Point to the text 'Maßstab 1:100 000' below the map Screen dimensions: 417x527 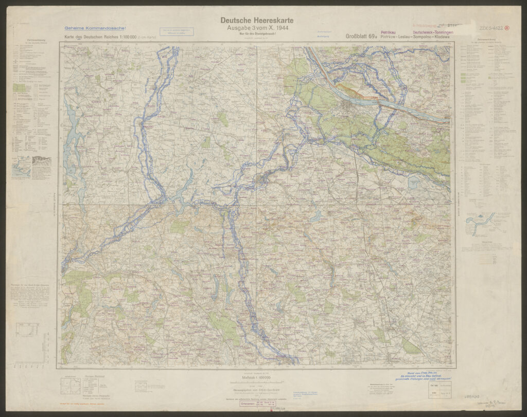click(256, 378)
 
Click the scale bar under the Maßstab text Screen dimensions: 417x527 click(256, 384)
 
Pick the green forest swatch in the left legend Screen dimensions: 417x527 click(19, 88)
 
